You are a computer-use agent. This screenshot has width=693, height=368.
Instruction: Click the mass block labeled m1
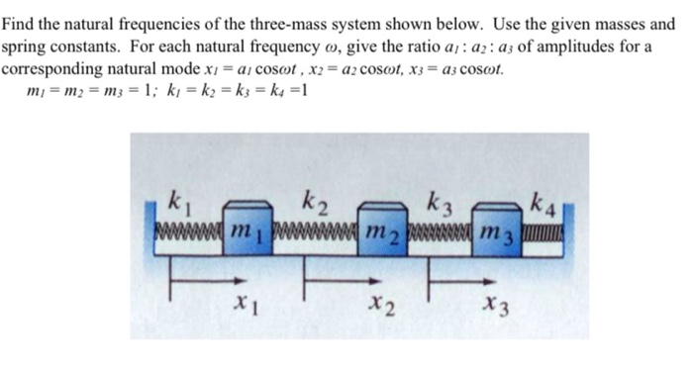244,230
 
